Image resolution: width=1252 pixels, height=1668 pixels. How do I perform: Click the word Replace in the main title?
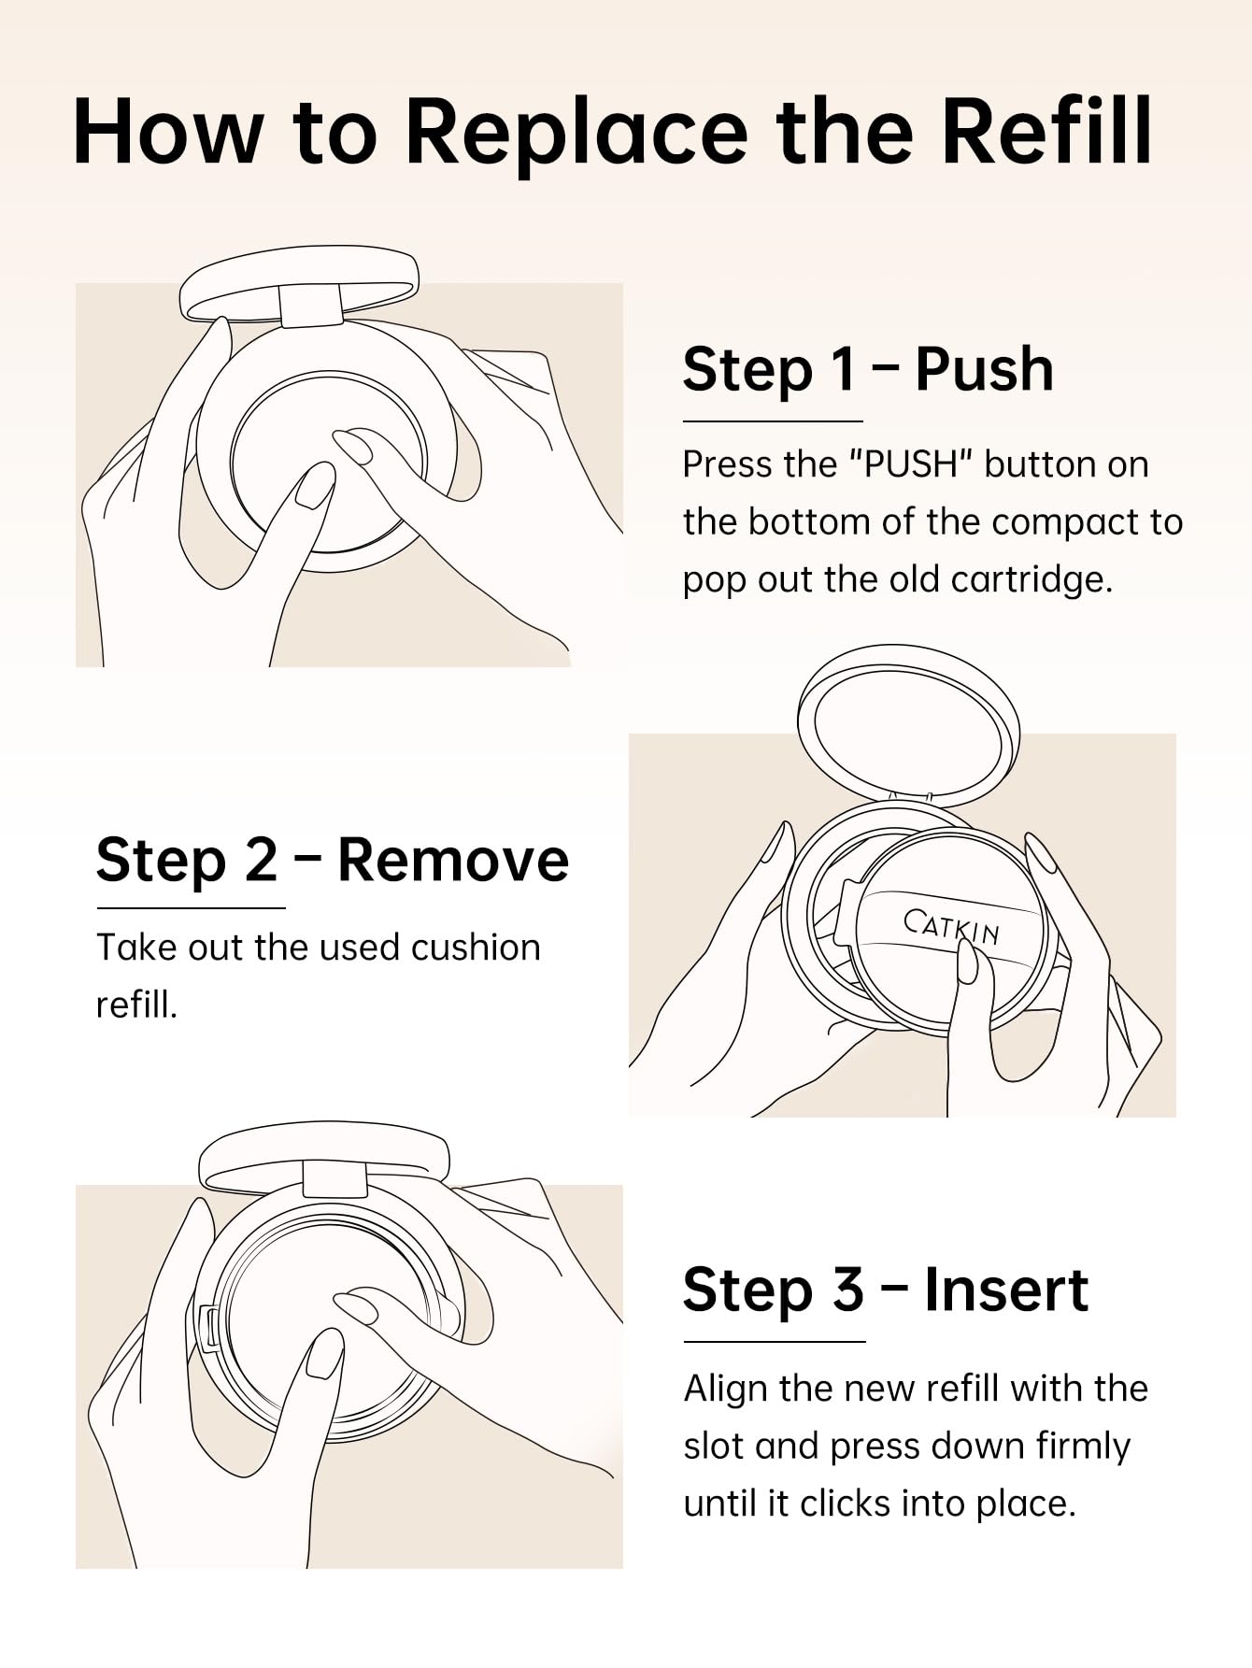coord(576,133)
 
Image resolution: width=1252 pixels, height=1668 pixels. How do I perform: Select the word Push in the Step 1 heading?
coord(985,368)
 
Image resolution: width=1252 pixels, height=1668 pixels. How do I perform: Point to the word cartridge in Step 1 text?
coord(1031,580)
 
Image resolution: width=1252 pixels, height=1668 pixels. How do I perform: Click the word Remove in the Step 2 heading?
coord(453,860)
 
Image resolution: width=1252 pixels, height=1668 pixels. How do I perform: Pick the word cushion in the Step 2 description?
coord(476,948)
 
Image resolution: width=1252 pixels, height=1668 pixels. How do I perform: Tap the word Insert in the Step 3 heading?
coord(1006,1290)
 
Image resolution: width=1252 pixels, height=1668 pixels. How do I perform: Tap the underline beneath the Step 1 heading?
coord(773,421)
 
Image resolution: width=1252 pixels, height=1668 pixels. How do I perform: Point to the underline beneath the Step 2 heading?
coord(191,907)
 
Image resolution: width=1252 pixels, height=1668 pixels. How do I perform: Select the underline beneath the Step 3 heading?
coord(775,1342)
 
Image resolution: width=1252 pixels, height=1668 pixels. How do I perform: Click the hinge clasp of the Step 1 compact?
coord(311,306)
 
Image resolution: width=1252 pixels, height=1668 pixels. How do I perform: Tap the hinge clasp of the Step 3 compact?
coord(334,1179)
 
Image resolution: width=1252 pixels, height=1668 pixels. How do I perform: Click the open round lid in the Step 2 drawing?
coord(908,725)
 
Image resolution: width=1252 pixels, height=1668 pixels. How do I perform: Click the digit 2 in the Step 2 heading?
coord(261,860)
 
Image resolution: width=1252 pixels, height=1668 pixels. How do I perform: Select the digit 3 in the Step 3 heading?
coord(847,1290)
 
